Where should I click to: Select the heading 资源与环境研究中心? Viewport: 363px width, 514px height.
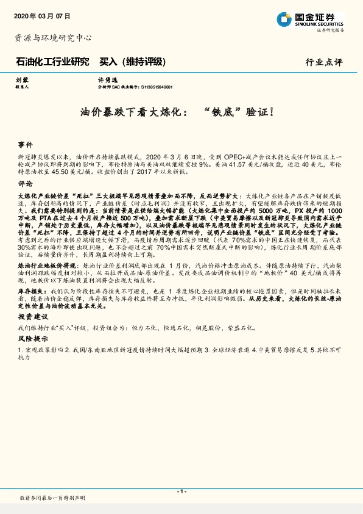(53, 38)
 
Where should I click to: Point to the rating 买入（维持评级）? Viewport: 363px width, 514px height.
(132, 62)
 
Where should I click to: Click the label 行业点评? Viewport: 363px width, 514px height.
(324, 62)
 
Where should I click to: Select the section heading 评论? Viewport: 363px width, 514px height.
(25, 183)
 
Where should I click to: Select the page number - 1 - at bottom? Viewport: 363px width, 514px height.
(181, 491)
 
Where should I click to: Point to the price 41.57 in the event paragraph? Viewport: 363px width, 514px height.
(255, 165)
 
